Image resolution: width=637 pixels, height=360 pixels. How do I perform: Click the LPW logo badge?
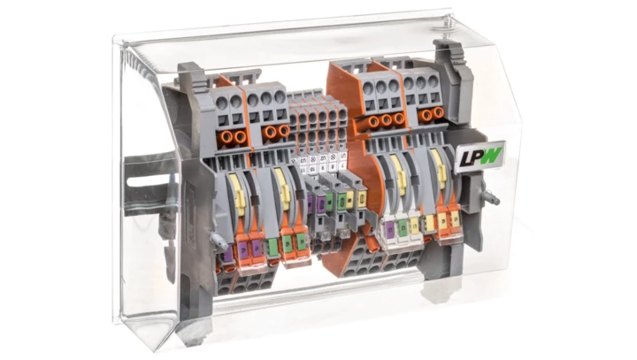479,157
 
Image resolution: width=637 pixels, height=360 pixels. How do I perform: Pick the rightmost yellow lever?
438,168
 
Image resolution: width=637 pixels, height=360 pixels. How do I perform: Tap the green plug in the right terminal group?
403,228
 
